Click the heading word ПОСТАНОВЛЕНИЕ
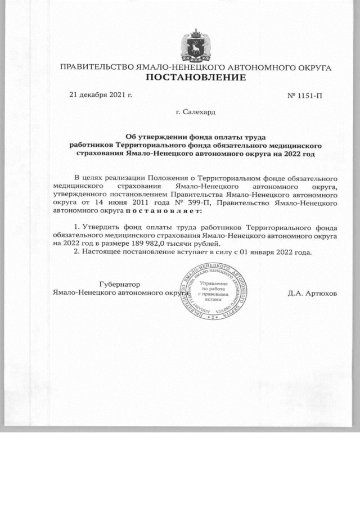(196, 77)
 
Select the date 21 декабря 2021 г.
(100, 94)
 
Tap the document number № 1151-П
(305, 94)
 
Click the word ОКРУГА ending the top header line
(313, 67)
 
